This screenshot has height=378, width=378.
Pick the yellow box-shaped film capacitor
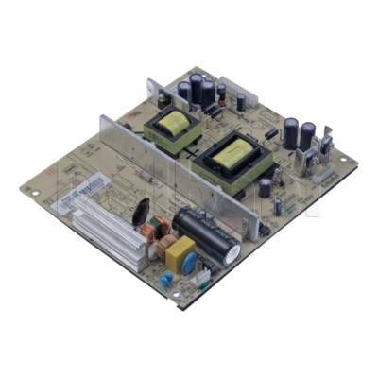(180, 254)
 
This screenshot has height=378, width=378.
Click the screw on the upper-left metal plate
(163, 97)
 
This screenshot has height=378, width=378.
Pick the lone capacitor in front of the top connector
(242, 99)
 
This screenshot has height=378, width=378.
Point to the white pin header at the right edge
(323, 174)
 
